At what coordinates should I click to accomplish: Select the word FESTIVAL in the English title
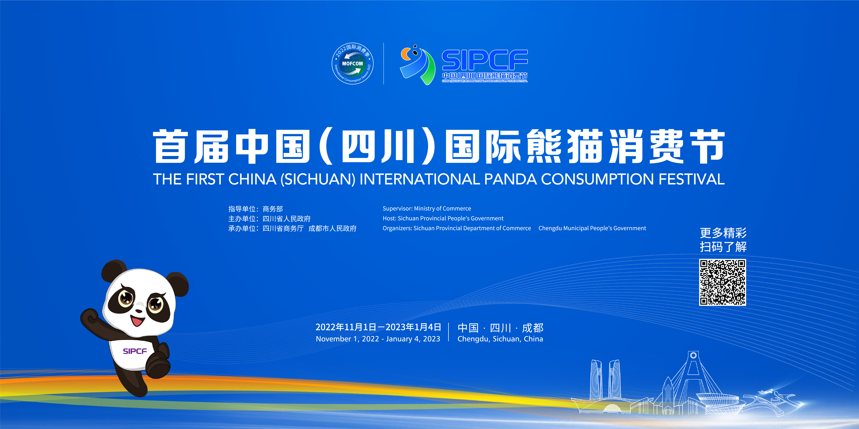(691, 179)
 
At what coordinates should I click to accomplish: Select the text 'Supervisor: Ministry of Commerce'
(427, 208)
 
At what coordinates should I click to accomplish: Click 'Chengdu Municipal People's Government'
(592, 228)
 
